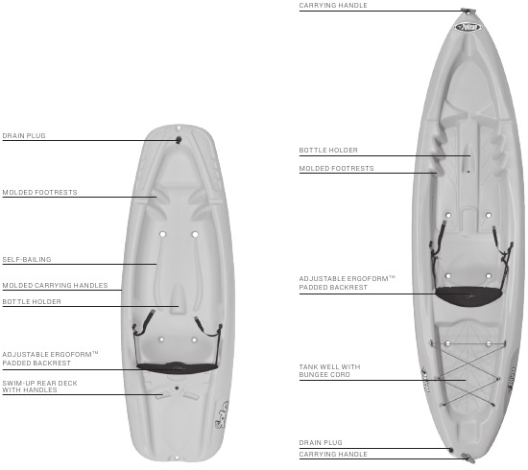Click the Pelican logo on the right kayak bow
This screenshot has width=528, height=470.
468,27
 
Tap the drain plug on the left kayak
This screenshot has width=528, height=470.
179,140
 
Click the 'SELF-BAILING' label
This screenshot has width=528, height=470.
27,259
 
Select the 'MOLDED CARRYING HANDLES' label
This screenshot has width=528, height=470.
56,285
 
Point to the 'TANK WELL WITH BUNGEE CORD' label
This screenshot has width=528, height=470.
329,370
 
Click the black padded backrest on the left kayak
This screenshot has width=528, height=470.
178,367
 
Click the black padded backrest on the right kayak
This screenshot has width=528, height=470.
468,296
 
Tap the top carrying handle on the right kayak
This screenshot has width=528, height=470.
468,11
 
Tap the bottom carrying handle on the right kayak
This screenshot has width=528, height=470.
468,458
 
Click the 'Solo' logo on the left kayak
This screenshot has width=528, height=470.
223,414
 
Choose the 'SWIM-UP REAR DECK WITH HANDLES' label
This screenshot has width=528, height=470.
39,387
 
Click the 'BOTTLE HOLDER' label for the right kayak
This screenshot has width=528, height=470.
328,150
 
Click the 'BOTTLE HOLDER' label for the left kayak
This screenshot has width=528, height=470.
32,302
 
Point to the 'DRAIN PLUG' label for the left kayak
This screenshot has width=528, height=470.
24,136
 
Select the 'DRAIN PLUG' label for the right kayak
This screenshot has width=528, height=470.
321,443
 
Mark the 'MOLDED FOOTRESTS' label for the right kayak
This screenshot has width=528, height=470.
336,168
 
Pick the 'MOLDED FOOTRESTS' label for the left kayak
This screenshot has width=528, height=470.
39,193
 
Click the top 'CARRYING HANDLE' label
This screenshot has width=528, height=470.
333,6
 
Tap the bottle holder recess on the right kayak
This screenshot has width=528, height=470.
468,158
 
